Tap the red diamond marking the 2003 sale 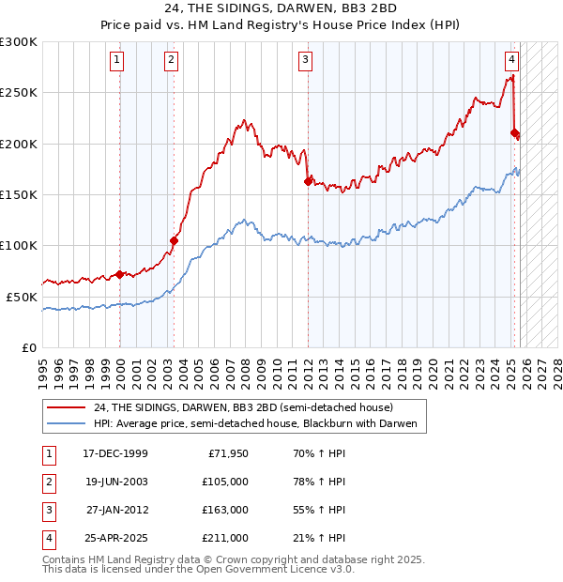(x=174, y=240)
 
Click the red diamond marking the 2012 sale (x=308, y=181)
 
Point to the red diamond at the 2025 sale (x=514, y=132)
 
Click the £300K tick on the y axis (x=19, y=42)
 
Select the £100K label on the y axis (x=19, y=245)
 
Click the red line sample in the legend (x=66, y=408)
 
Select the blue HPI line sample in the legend (x=66, y=424)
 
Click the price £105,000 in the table (x=225, y=482)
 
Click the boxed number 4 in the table (x=48, y=538)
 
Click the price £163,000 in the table (x=225, y=510)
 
